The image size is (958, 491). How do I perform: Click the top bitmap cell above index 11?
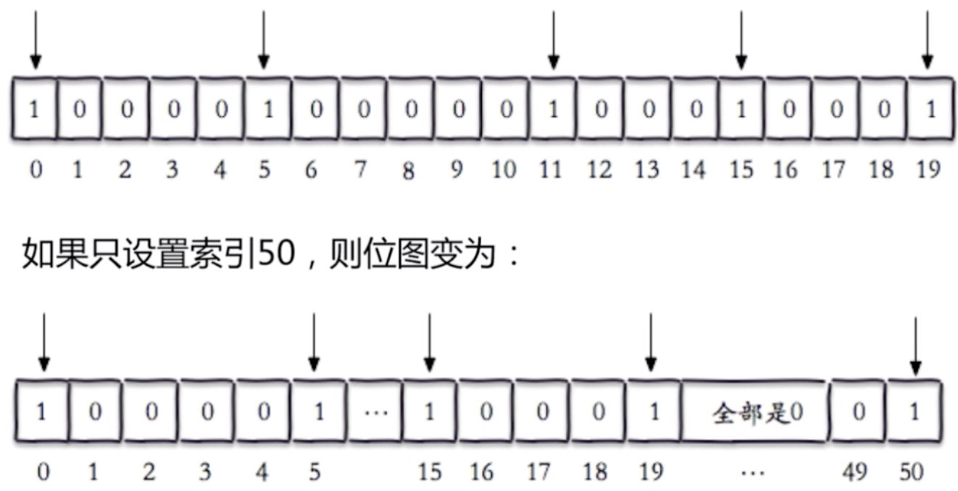point(553,110)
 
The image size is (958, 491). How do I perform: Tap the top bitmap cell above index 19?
point(931,110)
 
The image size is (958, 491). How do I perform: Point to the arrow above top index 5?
point(264,40)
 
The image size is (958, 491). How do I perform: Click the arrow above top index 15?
point(741,40)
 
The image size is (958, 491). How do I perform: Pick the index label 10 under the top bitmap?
point(504,169)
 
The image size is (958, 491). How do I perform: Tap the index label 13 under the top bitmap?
point(646,169)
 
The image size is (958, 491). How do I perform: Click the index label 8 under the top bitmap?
point(409,171)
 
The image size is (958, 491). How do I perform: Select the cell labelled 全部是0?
point(754,412)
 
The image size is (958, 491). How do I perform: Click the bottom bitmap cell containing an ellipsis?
point(376,412)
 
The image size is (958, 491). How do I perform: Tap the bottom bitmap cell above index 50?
point(915,412)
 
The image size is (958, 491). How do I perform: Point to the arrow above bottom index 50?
point(916,346)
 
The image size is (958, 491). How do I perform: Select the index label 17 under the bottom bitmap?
point(538,473)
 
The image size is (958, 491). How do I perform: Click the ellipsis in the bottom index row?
point(754,473)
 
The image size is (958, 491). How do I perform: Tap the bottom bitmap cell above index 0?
point(42,412)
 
